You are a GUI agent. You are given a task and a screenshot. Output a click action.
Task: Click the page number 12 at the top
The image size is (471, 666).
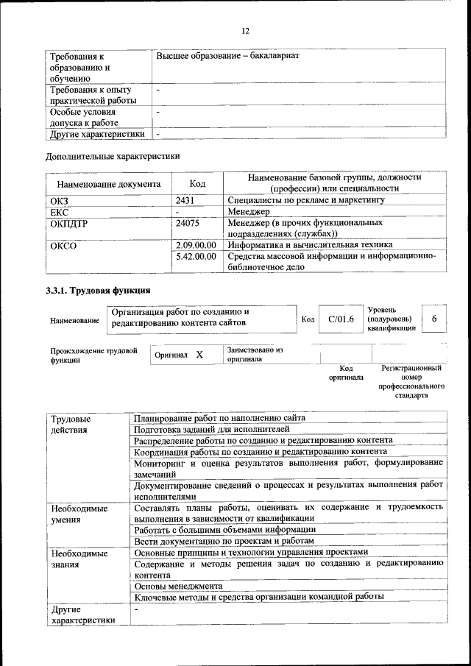(246, 30)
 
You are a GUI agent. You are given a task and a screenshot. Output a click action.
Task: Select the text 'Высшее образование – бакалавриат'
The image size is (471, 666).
(228, 56)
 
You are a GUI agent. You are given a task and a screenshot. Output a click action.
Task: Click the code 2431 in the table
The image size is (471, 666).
(186, 199)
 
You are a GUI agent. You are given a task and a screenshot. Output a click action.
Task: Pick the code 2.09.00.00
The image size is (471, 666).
(196, 244)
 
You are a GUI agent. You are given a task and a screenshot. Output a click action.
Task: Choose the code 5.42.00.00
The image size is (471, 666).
(196, 256)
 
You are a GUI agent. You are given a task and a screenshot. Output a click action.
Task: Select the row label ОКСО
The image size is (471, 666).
(63, 245)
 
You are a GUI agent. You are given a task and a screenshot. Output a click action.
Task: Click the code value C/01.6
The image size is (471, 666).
(341, 319)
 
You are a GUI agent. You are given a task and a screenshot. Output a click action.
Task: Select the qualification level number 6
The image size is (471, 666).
(434, 319)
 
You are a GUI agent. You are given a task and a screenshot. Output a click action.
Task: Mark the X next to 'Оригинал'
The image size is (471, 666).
(199, 355)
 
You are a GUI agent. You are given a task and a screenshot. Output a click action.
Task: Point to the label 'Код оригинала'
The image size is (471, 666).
(346, 372)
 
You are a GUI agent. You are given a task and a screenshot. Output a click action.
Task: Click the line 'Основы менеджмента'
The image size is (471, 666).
(179, 586)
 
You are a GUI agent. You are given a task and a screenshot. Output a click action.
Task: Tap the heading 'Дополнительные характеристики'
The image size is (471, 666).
(113, 156)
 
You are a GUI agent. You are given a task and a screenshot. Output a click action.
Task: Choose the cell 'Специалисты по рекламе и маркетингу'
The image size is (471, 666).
(306, 199)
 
